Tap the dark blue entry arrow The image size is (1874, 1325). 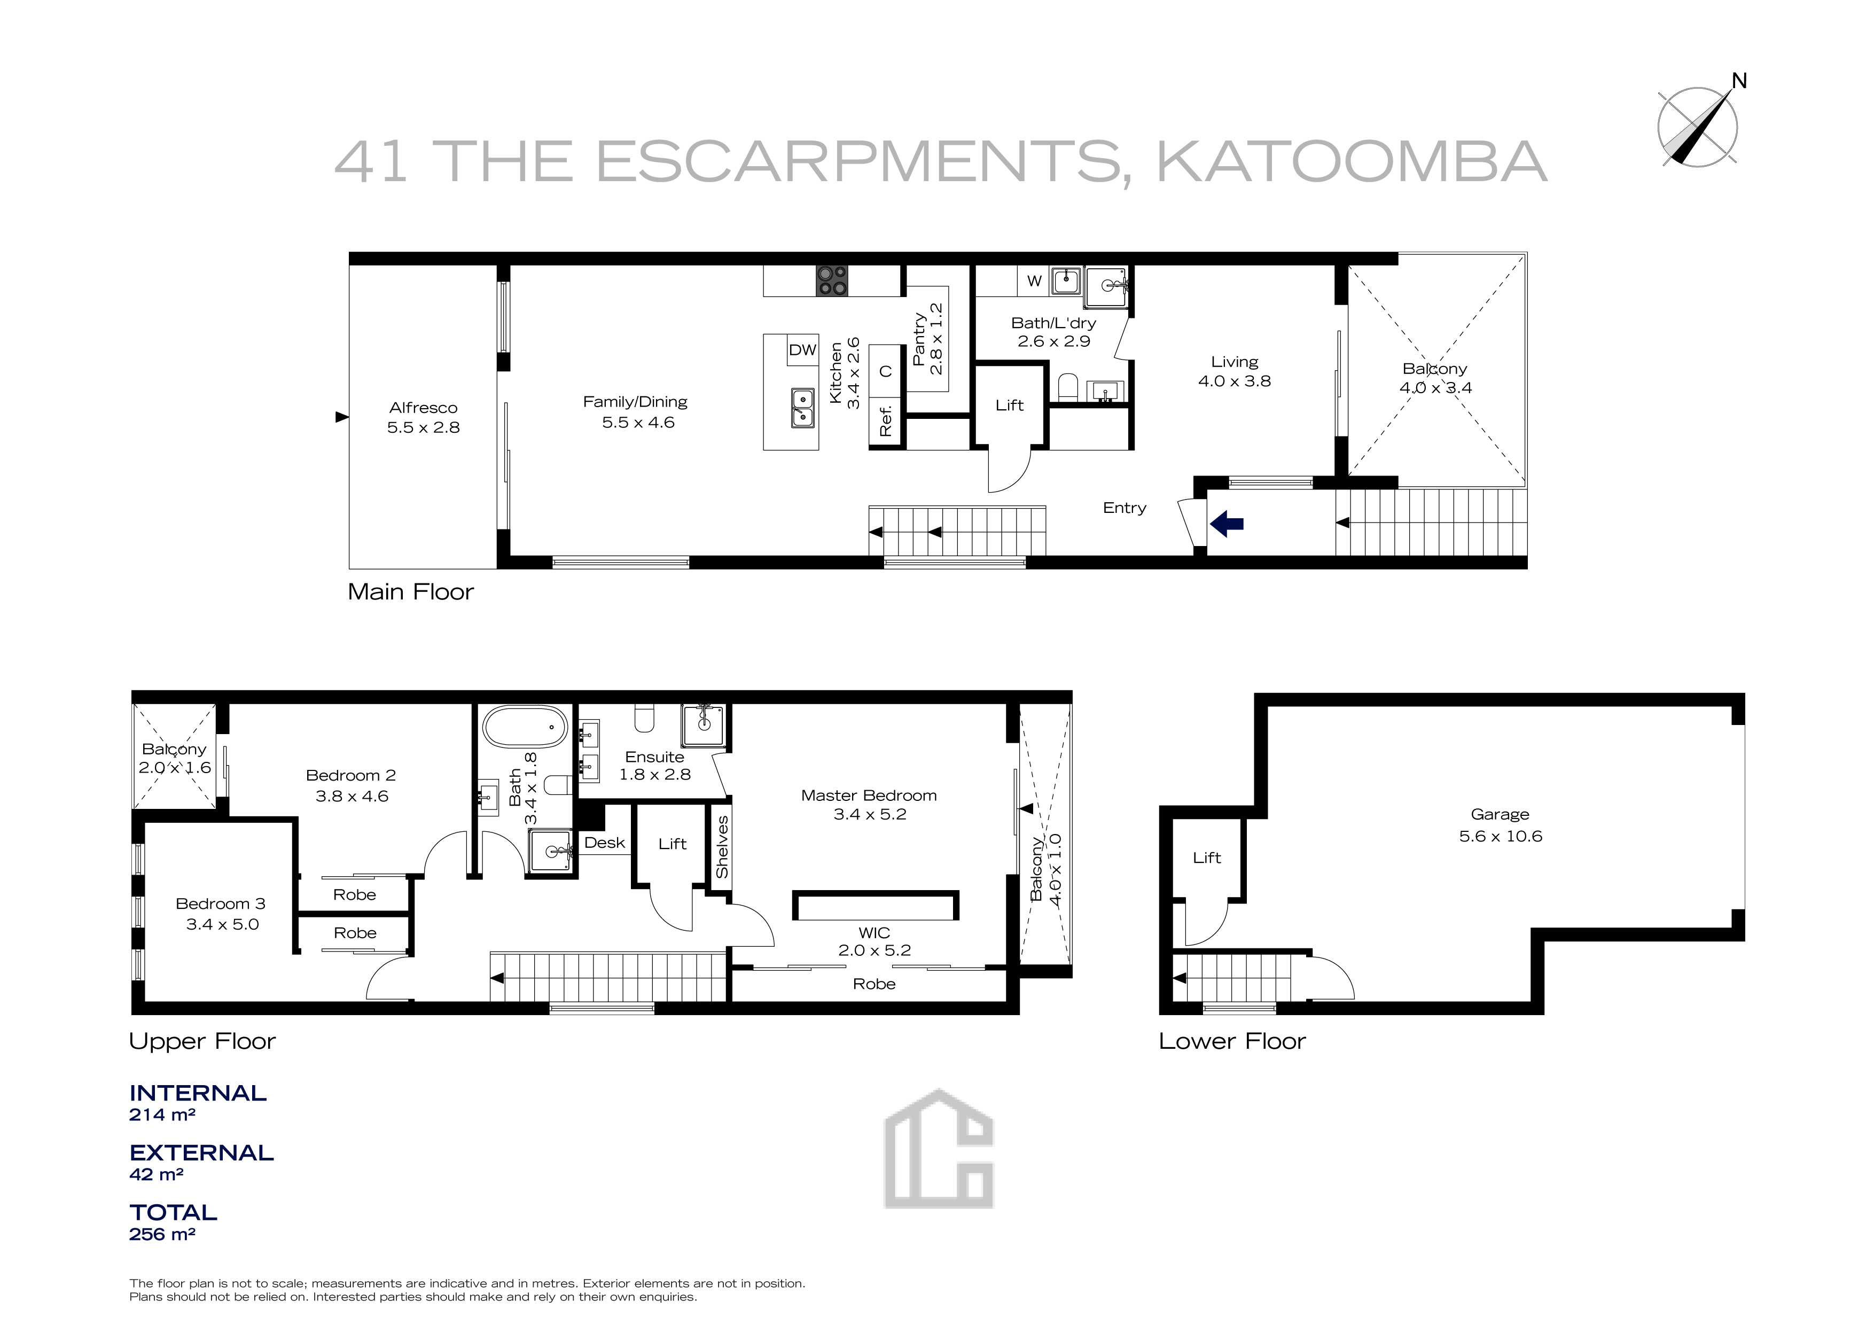1226,523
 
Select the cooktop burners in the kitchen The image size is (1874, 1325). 832,281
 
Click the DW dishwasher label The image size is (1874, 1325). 802,349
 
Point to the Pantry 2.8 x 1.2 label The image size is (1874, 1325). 928,339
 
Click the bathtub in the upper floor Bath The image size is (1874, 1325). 525,726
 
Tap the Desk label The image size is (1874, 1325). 605,843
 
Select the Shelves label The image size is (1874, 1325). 722,847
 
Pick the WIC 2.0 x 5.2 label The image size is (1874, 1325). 874,941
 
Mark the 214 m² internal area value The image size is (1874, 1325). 162,1114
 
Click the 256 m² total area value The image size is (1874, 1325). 162,1234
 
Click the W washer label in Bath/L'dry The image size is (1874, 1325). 1034,281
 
